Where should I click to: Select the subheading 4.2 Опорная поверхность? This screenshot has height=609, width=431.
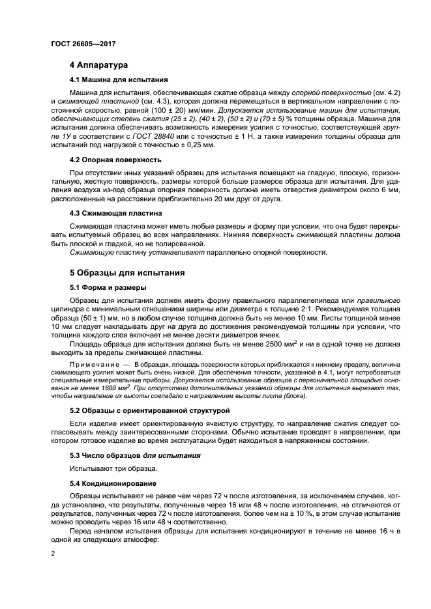click(116, 160)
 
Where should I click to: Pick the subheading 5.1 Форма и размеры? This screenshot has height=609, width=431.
click(108, 287)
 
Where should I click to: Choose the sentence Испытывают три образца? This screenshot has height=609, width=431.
click(109, 469)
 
